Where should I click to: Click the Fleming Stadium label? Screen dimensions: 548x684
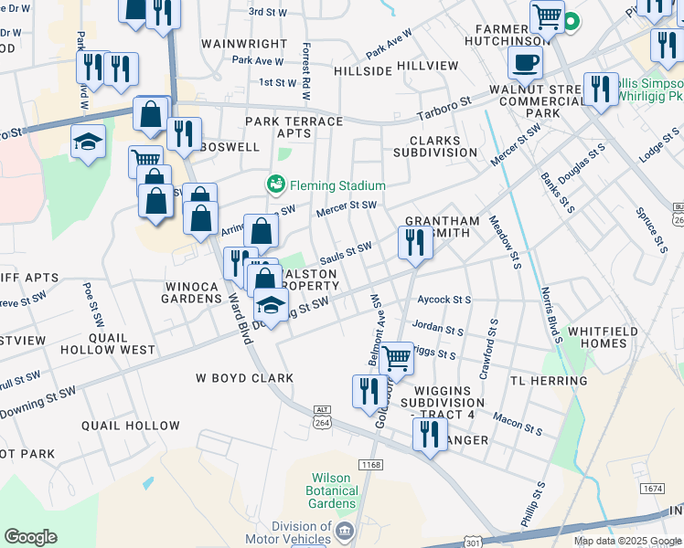[337, 185]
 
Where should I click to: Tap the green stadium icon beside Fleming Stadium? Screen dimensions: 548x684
[275, 184]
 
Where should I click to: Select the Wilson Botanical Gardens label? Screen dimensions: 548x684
[332, 490]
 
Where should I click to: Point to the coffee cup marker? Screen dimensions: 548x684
[526, 63]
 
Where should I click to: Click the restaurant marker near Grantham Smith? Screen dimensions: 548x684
[415, 243]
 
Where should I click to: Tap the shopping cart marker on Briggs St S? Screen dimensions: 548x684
[397, 357]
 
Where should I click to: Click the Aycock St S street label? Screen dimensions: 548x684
[444, 300]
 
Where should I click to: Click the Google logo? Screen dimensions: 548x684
[30, 537]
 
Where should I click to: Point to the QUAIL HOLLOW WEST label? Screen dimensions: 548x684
[108, 343]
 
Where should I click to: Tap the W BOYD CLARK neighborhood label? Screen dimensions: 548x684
[245, 378]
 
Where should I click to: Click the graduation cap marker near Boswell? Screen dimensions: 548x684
[88, 142]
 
